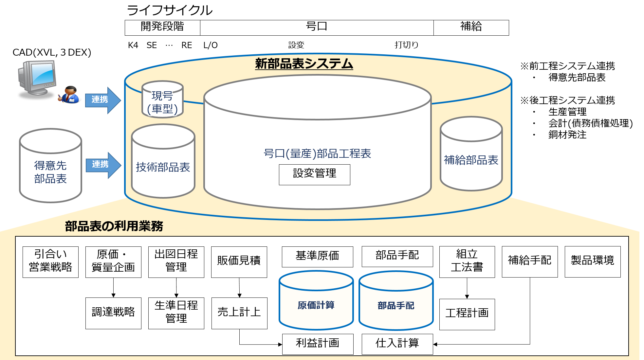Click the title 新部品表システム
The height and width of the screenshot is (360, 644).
point(304,63)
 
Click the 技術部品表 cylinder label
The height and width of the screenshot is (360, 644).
point(163,167)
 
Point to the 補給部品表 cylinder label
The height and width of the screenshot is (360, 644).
point(471,160)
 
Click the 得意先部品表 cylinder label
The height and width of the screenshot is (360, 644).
point(50,172)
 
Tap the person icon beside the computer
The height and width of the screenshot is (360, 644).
point(69,95)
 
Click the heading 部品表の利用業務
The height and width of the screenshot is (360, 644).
point(114,226)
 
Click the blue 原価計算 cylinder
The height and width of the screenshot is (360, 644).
point(316,305)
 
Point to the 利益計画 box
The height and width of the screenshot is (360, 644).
point(318,344)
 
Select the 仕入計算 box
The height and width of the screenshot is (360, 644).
point(397,344)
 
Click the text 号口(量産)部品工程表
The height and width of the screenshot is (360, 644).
point(317,153)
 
